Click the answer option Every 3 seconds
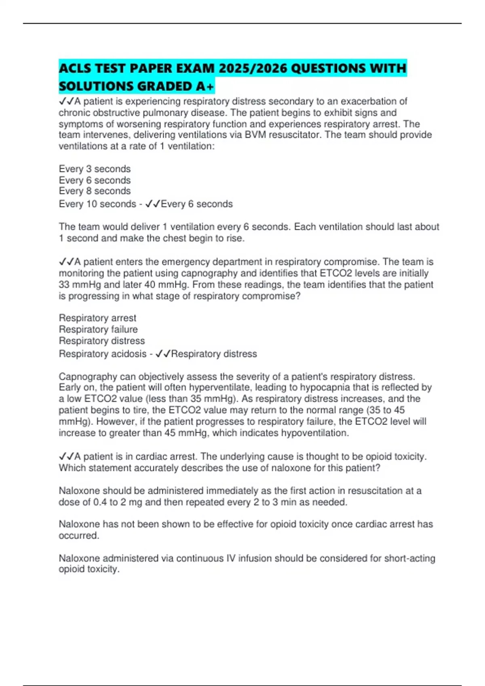95,169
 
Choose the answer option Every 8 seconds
95,191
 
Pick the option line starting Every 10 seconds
97,204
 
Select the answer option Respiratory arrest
97,318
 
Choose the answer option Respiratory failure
98,329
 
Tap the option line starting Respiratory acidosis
103,354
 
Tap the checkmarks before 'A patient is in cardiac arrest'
66,456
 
